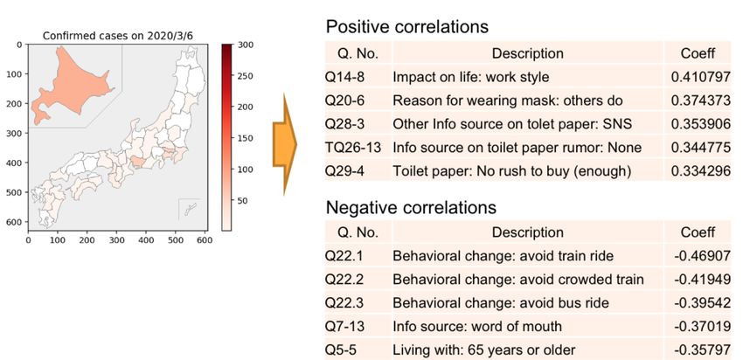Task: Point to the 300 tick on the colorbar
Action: point(244,45)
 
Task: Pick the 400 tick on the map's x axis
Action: point(146,239)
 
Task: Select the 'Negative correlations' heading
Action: point(412,208)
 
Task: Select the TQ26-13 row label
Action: point(351,147)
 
